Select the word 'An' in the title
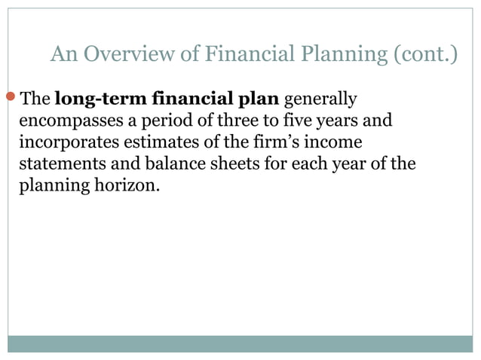[63, 55]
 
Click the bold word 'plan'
[259, 99]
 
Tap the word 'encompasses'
[69, 121]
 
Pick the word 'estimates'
[159, 142]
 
